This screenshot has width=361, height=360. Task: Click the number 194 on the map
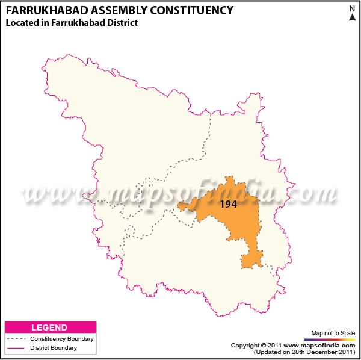click(228, 204)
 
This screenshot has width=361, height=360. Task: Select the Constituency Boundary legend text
click(62, 339)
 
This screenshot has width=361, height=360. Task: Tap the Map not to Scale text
click(333, 332)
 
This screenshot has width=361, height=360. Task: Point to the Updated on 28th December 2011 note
click(304, 352)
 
